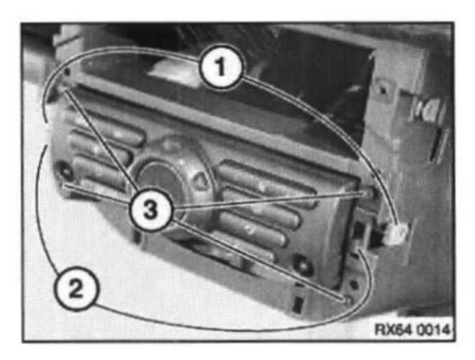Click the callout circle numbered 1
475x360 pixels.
221,66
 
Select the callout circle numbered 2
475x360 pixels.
76,288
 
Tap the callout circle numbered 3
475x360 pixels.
150,210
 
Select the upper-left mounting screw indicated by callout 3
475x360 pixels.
63,89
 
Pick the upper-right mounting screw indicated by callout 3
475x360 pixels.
368,193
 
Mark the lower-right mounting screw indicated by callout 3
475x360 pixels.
348,301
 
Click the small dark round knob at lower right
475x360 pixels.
303,266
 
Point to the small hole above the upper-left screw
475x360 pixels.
67,72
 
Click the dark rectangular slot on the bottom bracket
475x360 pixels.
299,303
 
